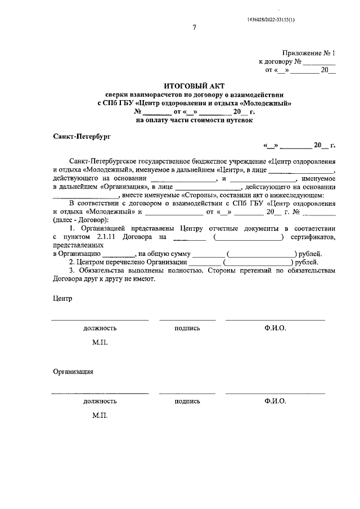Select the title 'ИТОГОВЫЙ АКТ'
193,86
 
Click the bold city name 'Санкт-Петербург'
82,136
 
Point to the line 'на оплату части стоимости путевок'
194,120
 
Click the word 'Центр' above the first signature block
63,298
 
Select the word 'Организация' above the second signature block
73,371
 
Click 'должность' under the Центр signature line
100,328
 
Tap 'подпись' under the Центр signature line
187,328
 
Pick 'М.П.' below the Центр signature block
100,343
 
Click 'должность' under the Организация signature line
100,402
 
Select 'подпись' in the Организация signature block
187,402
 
